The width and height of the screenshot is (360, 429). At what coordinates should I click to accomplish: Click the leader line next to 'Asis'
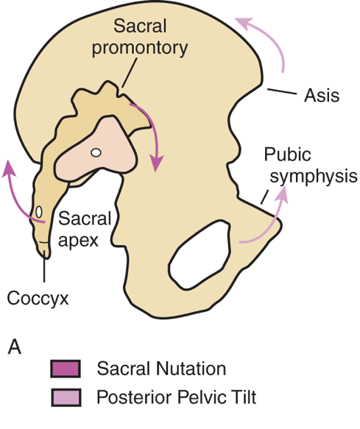pyautogui.click(x=280, y=93)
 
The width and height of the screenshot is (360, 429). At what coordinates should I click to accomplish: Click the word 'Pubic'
pyautogui.click(x=286, y=156)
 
